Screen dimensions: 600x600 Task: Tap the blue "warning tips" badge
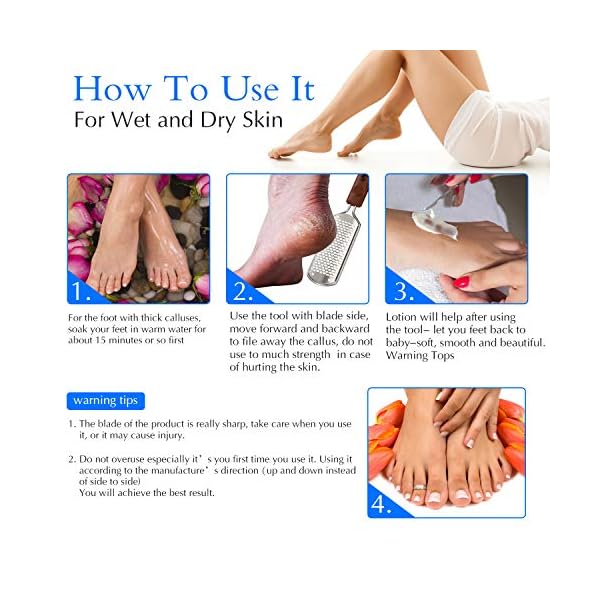107,401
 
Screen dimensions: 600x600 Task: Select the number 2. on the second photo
244,291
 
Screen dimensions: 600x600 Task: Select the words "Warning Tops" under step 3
422,356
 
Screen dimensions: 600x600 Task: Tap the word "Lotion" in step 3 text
405,317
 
